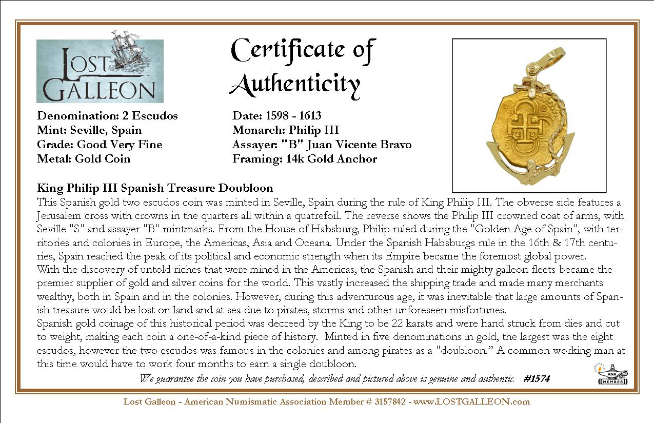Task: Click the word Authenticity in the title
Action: click(294, 85)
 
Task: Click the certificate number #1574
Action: click(537, 379)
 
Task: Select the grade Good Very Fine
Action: click(119, 145)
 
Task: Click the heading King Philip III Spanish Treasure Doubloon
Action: click(155, 188)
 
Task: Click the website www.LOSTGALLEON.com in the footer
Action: click(471, 401)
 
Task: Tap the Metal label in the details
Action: click(53, 159)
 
